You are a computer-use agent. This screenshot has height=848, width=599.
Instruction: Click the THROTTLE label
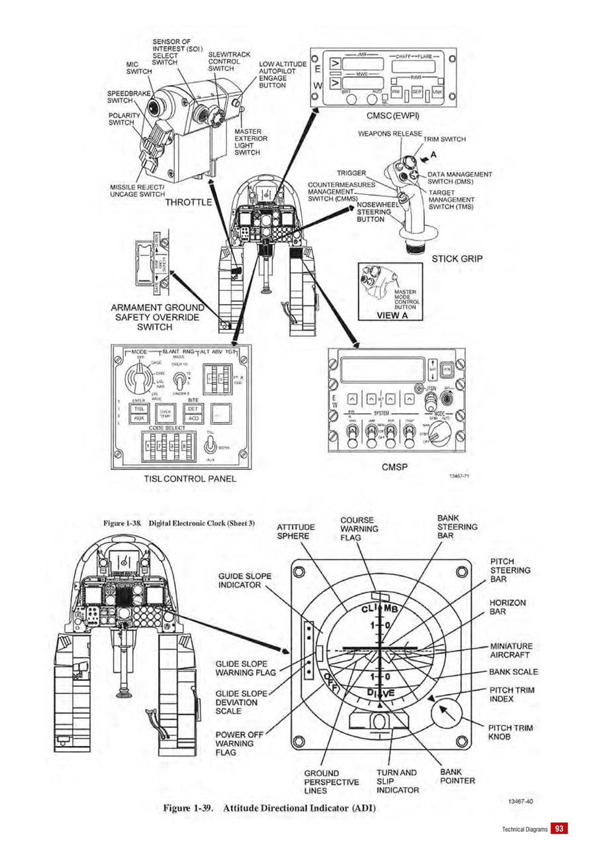tap(189, 201)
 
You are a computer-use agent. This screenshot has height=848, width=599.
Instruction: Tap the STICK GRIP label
tap(457, 258)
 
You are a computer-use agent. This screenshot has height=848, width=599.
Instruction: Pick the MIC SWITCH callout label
tap(140, 68)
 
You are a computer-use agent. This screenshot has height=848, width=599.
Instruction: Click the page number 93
tap(560, 828)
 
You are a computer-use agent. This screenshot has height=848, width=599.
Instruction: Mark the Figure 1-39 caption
tap(269, 809)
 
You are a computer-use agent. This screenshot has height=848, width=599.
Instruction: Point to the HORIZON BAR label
tap(508, 607)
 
